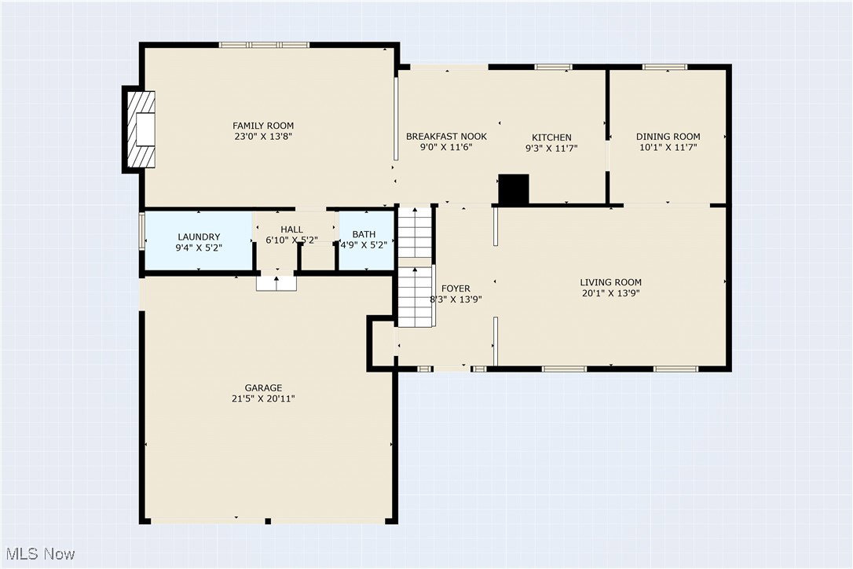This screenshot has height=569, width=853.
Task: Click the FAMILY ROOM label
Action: coord(263,126)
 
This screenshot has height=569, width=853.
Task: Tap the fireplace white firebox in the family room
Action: coord(145,129)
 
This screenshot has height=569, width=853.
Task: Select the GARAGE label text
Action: coord(263,387)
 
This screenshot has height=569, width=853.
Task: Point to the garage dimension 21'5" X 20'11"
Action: coord(263,398)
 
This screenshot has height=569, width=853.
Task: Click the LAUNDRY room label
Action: coord(199,237)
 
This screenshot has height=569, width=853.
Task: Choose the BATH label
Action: coord(364,234)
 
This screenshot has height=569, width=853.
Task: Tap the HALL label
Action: coord(292,229)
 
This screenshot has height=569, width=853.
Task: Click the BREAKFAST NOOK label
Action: coord(447,136)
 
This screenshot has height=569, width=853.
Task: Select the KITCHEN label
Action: coord(551,138)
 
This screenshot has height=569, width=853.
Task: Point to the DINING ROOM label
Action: coord(668,136)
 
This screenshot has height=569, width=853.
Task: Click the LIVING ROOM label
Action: coord(611,282)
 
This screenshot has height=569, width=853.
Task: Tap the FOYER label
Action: coord(456,288)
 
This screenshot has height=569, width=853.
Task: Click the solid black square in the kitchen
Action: coord(514,189)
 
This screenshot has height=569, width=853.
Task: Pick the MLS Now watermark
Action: coord(40,554)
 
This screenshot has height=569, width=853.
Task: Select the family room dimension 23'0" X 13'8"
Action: coord(263,136)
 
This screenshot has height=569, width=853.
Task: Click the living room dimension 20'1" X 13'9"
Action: coord(611,293)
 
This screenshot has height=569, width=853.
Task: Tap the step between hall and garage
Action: coord(277,284)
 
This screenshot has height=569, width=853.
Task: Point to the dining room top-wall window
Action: coord(664,67)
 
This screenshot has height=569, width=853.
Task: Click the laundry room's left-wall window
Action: coord(142,231)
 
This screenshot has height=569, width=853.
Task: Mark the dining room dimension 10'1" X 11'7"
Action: coord(668,147)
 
